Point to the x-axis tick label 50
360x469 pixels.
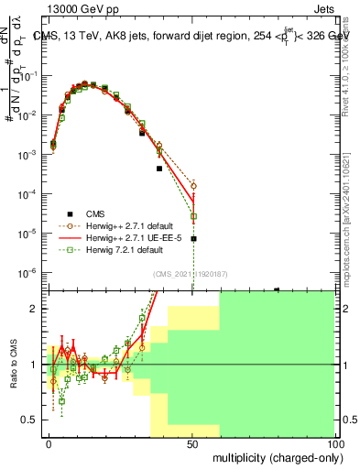pos(192,443)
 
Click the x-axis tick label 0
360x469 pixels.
pos(49,443)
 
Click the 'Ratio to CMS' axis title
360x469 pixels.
pos(12,364)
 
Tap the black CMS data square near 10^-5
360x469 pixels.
pos(193,239)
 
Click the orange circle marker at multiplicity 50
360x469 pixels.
pos(193,185)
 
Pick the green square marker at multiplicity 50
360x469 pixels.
pos(193,216)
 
